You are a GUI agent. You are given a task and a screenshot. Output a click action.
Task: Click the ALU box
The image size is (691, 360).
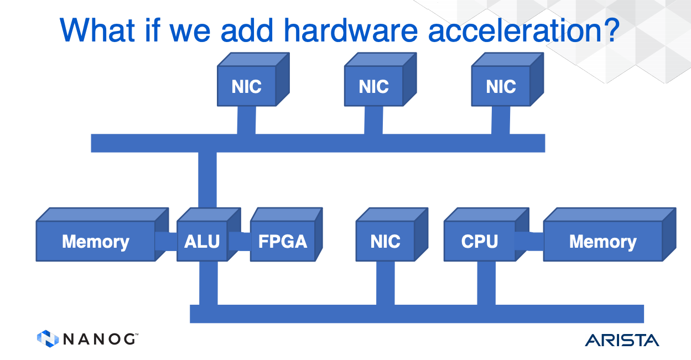point(202,241)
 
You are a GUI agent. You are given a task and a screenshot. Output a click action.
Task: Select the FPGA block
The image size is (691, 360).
point(282,241)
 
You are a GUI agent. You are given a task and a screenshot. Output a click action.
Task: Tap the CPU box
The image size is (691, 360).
point(479,241)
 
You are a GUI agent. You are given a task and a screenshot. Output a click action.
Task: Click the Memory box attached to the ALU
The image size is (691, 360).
point(95,241)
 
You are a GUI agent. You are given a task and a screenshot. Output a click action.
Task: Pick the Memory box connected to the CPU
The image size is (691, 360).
point(602,241)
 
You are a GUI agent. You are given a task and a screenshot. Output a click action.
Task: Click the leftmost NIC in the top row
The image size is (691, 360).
point(246,86)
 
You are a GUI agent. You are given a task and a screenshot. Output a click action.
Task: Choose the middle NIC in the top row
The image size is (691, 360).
point(373,86)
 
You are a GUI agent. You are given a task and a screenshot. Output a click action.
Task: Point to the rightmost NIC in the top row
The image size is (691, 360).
point(501,86)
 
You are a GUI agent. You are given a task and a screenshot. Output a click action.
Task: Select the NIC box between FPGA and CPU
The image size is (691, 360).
point(385,241)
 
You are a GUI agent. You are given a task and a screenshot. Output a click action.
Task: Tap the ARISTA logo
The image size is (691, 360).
point(622,340)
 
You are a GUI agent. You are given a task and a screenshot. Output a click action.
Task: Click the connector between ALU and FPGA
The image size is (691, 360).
point(239,241)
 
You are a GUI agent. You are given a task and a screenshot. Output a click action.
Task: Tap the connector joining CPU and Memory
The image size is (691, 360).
point(529,241)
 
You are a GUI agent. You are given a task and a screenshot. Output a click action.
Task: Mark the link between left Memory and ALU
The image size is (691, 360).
point(166,241)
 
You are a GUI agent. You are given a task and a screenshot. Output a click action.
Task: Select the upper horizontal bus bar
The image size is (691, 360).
point(318,143)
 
